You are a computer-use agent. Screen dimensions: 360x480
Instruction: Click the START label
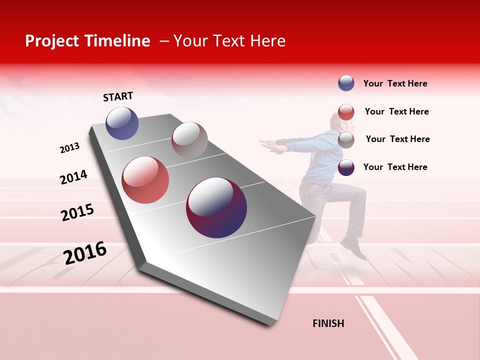[118, 96]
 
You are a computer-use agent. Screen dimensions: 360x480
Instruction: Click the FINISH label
[328, 323]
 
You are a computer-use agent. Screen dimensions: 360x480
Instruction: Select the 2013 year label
[69, 148]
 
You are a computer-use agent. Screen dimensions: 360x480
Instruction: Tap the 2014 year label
[73, 177]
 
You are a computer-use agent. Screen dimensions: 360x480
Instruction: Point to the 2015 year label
[77, 212]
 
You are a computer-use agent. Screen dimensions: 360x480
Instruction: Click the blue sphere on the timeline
[122, 123]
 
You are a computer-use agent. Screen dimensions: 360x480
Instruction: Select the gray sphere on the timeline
[189, 140]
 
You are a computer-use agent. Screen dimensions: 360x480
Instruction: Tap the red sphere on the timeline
[145, 180]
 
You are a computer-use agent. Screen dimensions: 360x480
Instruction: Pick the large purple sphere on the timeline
[216, 207]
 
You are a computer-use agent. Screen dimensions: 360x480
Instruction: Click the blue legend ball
[346, 83]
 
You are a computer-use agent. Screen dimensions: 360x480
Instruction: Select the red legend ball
[346, 112]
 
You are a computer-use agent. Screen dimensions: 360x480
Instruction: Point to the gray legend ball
[346, 140]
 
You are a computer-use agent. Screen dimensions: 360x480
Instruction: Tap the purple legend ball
[346, 167]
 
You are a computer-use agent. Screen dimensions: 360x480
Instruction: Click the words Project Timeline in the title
[87, 41]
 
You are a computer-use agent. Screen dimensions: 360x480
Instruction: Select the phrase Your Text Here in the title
[229, 41]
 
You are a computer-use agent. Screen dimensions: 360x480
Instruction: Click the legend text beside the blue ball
[395, 84]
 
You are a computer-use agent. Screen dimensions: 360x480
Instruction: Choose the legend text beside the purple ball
[395, 167]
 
